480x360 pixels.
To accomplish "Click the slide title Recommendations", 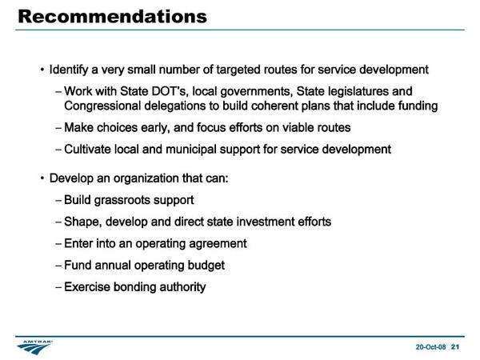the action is pyautogui.click(x=113, y=17).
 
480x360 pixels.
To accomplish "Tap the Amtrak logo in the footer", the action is pyautogui.click(x=34, y=347).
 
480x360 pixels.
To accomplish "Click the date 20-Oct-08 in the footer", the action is pyautogui.click(x=430, y=347).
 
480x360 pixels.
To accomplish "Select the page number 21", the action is pyautogui.click(x=455, y=347).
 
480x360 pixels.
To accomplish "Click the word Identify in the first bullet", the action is pyautogui.click(x=69, y=70).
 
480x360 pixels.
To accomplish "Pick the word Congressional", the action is pyautogui.click(x=102, y=106).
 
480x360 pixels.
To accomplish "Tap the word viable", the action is pyautogui.click(x=298, y=128).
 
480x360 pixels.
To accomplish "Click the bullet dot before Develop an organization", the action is pyautogui.click(x=42, y=178).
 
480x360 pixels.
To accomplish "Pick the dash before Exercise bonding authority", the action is pyautogui.click(x=58, y=287).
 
